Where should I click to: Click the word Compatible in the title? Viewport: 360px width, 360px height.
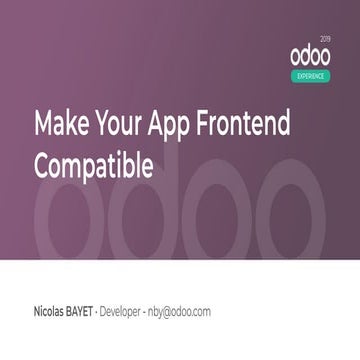coord(94,164)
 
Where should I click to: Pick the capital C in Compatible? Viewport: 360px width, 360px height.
coord(41,164)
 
